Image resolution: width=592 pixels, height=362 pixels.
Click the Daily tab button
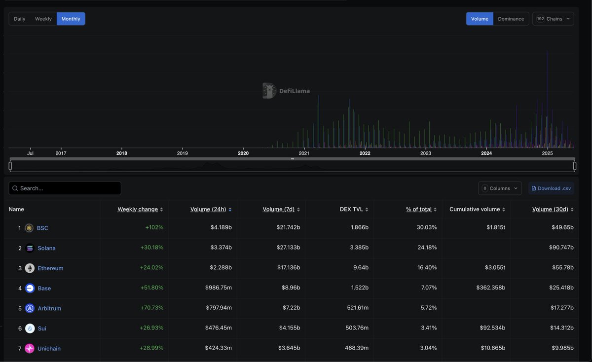pyautogui.click(x=20, y=19)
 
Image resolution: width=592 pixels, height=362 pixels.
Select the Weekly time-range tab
pyautogui.click(x=43, y=19)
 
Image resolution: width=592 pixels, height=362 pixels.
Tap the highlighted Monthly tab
pyautogui.click(x=71, y=19)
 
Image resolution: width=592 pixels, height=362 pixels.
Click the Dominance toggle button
pyautogui.click(x=511, y=19)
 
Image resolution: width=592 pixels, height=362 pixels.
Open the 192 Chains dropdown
pyautogui.click(x=553, y=19)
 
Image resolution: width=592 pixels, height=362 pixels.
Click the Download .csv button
pyautogui.click(x=551, y=188)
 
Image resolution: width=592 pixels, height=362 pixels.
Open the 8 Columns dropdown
pyautogui.click(x=500, y=188)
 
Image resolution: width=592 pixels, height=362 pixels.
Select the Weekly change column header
pyautogui.click(x=138, y=209)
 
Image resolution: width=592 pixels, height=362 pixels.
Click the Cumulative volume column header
pyautogui.click(x=475, y=209)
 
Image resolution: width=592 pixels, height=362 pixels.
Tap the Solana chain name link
pyautogui.click(x=47, y=248)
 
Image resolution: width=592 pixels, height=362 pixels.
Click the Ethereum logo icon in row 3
pyautogui.click(x=30, y=268)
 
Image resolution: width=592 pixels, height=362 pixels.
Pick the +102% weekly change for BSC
pyautogui.click(x=154, y=228)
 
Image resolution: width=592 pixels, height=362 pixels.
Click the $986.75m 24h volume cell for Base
pyautogui.click(x=219, y=288)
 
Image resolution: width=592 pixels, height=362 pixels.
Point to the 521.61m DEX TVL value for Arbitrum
pyautogui.click(x=358, y=308)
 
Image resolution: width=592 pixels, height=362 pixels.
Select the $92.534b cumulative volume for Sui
pyautogui.click(x=492, y=328)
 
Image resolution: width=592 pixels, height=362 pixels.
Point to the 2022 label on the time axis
pyautogui.click(x=365, y=153)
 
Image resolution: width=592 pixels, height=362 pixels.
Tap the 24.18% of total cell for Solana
pyautogui.click(x=427, y=248)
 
